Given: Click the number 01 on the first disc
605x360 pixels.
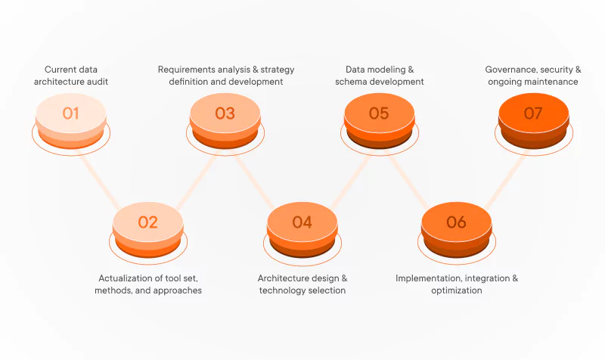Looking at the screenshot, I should point(71,113).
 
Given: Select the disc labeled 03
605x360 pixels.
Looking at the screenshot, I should point(225,113).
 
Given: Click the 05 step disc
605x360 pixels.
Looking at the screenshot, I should point(379,113).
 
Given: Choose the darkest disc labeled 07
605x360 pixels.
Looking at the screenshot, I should point(533,113).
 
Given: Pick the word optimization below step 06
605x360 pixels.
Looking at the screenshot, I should point(457,290).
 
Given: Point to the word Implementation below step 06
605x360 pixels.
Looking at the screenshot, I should point(428,278).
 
